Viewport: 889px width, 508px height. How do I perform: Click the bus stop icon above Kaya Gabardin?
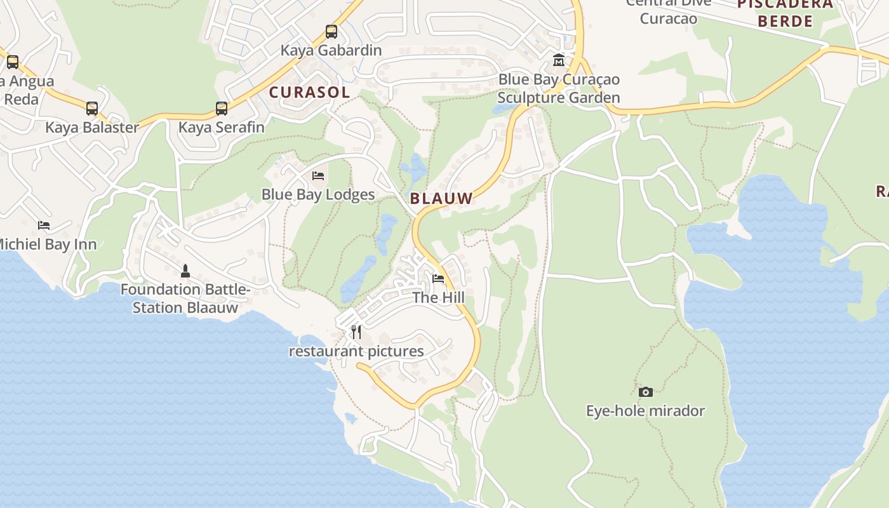331,31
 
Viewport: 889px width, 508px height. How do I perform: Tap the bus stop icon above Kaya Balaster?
92,108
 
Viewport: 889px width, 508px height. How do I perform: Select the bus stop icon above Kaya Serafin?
221,108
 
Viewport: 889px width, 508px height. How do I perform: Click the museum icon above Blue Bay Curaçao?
559,60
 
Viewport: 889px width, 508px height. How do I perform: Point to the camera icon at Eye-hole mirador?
645,392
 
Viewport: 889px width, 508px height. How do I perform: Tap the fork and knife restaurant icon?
356,332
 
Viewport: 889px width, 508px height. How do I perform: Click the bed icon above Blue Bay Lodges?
318,175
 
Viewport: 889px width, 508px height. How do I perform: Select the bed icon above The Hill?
438,278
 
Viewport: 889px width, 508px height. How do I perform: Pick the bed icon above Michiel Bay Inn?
44,225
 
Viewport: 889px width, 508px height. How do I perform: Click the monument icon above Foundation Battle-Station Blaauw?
185,271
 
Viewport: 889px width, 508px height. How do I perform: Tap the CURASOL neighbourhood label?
309,92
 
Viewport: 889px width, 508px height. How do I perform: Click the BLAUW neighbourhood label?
441,198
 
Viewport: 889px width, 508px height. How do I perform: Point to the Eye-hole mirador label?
645,411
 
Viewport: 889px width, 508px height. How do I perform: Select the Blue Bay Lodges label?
318,194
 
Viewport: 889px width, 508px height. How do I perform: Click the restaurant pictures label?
356,351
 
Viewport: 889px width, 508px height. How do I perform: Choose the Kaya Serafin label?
221,127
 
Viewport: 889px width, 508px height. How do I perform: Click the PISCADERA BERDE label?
785,13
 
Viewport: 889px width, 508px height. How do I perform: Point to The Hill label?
438,297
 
